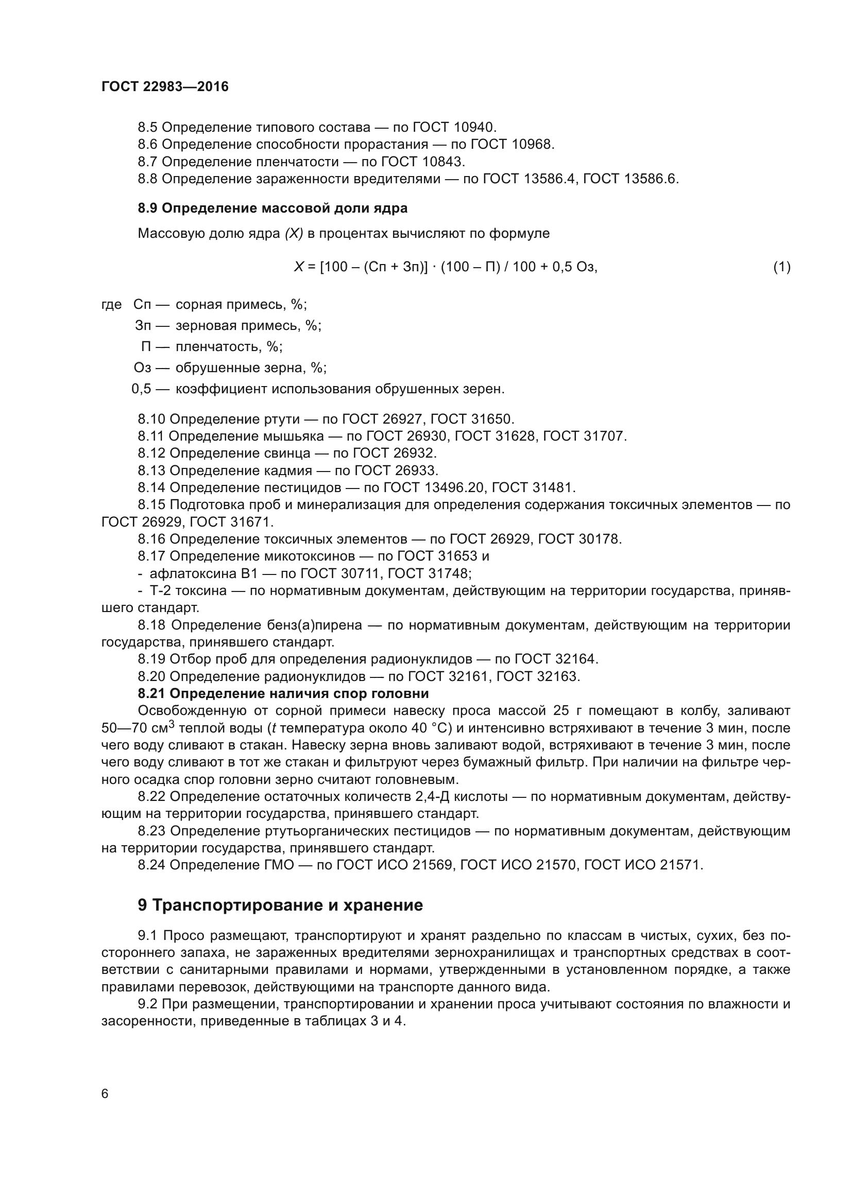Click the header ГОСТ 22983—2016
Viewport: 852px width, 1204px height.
click(x=165, y=86)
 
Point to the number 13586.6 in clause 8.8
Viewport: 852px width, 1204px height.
click(x=651, y=179)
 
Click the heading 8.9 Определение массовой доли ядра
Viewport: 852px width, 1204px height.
click(x=272, y=208)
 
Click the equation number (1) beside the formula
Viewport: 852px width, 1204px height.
click(x=781, y=267)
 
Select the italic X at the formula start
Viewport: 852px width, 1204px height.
click(x=299, y=267)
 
